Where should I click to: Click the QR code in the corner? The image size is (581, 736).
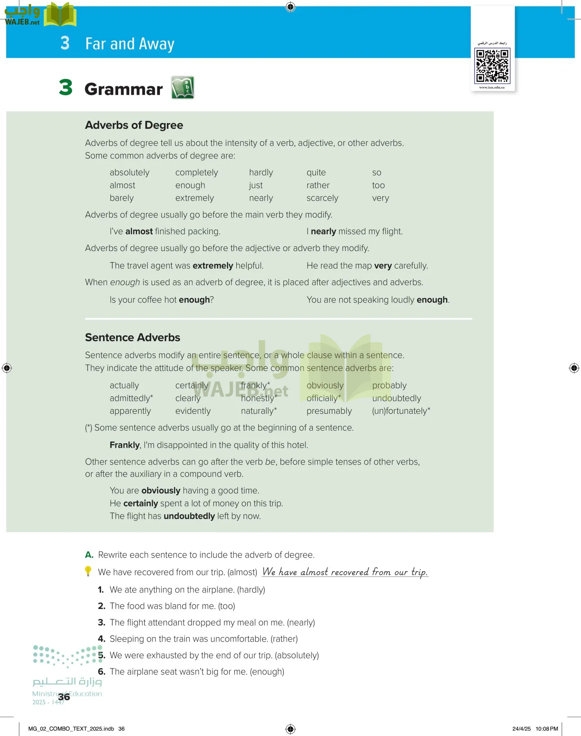pos(492,65)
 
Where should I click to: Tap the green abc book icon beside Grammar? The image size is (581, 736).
pos(182,88)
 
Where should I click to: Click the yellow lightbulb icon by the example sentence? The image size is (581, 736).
pos(88,571)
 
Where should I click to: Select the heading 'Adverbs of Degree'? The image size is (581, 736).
pos(134,125)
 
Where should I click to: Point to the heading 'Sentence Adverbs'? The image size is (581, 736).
pos(132,337)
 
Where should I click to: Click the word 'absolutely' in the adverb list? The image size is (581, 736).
pos(130,173)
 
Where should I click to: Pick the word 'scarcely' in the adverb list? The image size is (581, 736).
pos(322,198)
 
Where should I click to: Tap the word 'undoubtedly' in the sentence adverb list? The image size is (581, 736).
pos(396,398)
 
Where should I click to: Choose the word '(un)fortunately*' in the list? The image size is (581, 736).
pos(401,411)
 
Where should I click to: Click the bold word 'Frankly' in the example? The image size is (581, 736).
pos(125,445)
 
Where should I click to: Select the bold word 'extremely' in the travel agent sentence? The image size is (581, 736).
pos(213,266)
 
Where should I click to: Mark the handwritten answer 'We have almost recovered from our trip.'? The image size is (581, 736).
pos(345,572)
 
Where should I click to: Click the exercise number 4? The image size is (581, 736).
pos(101,639)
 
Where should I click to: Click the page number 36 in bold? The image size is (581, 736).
pos(64,697)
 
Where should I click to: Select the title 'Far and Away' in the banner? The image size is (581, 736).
pos(130,44)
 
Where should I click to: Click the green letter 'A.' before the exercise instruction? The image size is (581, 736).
pos(89,555)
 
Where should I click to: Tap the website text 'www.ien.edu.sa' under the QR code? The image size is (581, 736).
pos(491,88)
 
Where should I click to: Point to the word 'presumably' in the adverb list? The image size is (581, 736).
pos(329,411)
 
